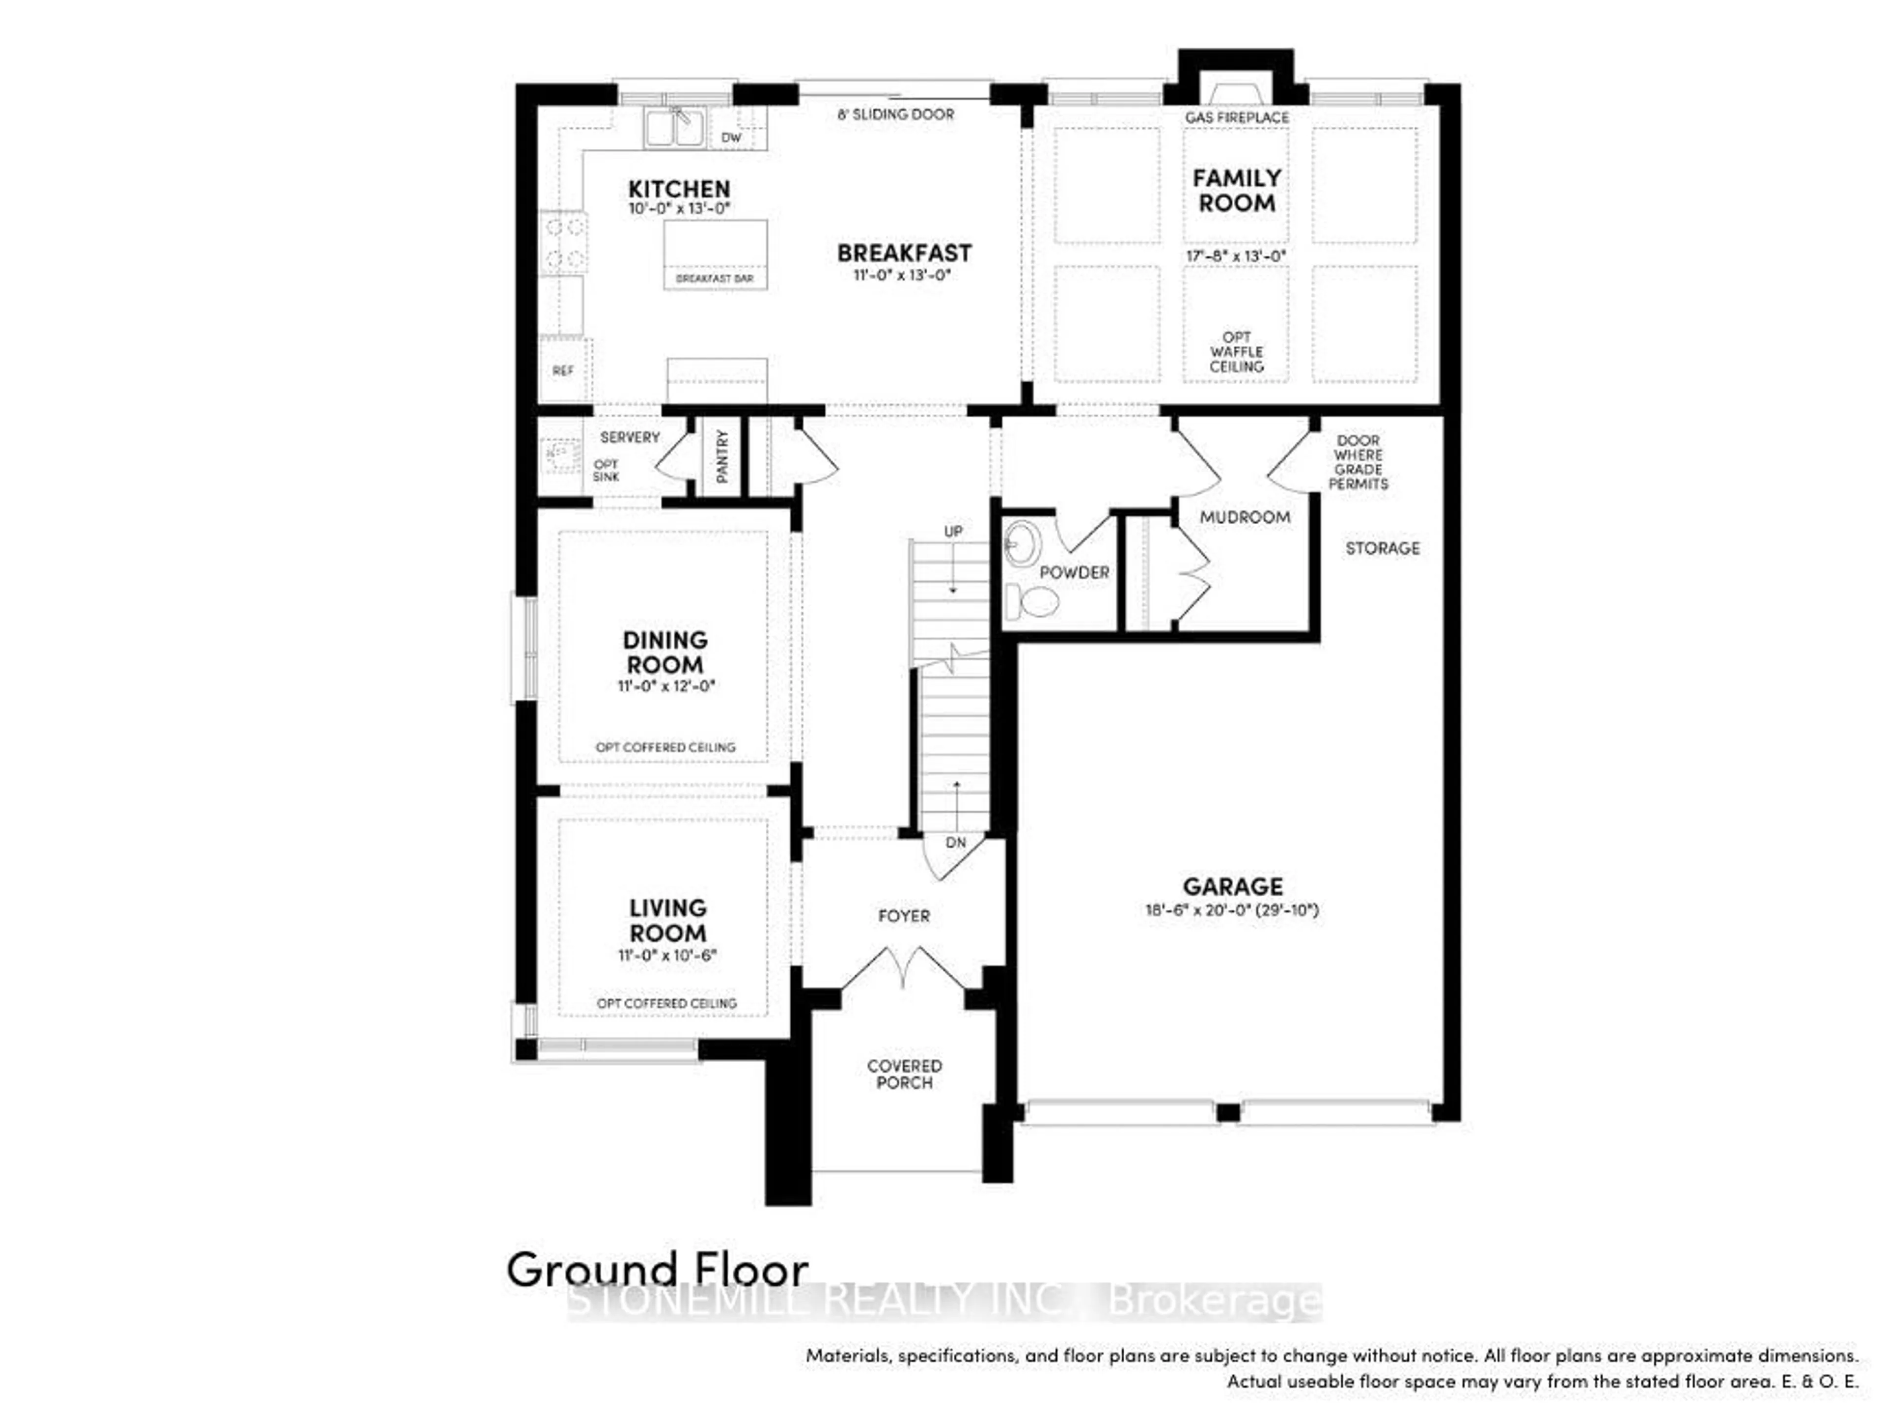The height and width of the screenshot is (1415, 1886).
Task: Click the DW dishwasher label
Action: [731, 137]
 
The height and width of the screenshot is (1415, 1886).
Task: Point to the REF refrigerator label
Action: [563, 371]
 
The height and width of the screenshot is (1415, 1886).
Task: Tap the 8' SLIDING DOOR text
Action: [895, 114]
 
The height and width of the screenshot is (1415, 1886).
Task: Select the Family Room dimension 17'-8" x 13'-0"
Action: [1235, 256]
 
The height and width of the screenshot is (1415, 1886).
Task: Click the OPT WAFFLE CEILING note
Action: [1236, 351]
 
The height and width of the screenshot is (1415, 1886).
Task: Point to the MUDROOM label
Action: [1245, 517]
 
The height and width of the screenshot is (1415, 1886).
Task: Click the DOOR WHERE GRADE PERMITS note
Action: [1358, 462]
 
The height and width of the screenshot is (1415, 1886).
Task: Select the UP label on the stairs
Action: [953, 532]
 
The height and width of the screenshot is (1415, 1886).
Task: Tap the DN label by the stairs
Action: [956, 843]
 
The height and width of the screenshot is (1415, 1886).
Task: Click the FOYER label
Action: [904, 916]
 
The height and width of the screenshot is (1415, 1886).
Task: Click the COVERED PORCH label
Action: [905, 1075]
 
